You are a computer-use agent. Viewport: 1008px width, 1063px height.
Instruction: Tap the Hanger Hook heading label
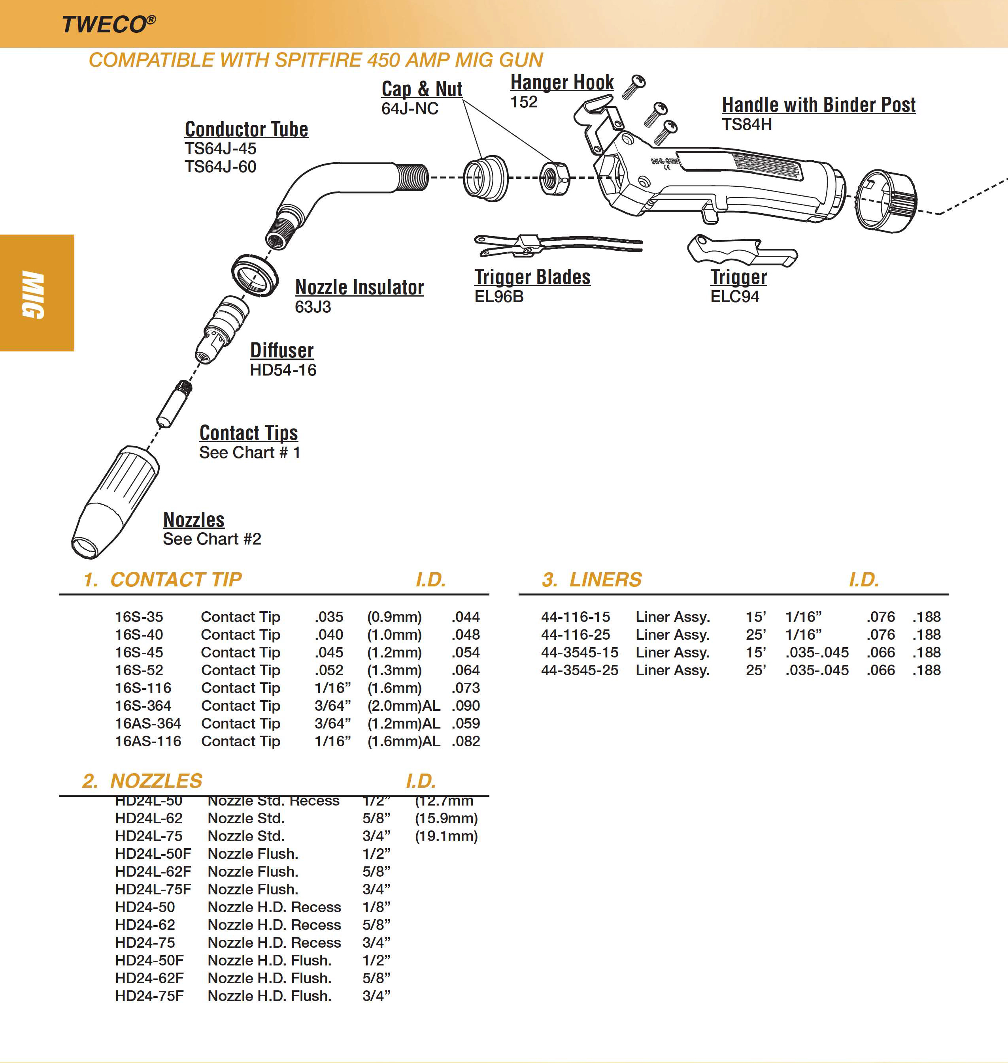(x=561, y=82)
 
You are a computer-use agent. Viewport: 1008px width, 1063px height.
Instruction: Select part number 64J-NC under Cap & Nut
(x=410, y=109)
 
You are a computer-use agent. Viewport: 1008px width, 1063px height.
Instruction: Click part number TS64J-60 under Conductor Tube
(x=220, y=166)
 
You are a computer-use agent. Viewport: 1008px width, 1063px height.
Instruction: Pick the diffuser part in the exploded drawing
(x=222, y=329)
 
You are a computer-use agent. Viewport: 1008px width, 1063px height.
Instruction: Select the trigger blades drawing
(x=556, y=244)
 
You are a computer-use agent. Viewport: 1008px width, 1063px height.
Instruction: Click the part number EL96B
(x=498, y=296)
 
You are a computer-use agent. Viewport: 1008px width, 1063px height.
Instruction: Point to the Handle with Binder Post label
(x=818, y=105)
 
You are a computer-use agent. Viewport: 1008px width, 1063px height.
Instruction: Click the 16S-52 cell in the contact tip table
(x=139, y=670)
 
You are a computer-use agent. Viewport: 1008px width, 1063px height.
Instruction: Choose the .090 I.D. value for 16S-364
(x=465, y=706)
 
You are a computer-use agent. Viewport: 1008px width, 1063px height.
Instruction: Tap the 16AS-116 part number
(x=148, y=741)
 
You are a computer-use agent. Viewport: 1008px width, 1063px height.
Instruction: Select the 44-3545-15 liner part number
(x=579, y=652)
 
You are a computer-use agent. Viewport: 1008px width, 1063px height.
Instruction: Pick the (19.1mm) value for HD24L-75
(x=446, y=836)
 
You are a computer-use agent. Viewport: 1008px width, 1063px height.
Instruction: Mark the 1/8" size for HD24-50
(x=376, y=907)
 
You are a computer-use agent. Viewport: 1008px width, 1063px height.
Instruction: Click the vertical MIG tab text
(x=33, y=294)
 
